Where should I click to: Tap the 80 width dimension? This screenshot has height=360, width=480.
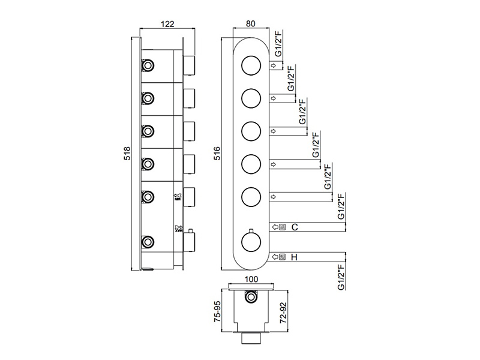250,24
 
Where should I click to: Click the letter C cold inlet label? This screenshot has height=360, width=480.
295,227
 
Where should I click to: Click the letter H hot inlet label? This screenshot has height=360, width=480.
294,257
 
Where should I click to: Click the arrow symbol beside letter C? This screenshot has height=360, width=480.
275,227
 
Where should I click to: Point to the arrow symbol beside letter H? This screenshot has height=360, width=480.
275,257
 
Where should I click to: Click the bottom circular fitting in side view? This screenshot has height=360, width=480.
147,242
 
